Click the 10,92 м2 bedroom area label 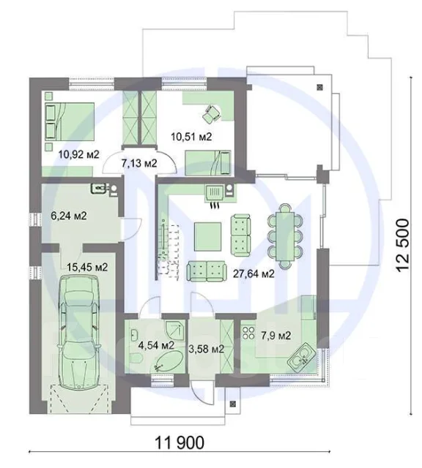tap(78, 154)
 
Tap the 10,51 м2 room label tap(191, 137)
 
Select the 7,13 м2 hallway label tap(139, 163)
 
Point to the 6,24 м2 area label tap(69, 216)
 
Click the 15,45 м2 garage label tap(87, 267)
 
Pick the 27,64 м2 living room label tap(253, 273)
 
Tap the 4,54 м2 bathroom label tap(156, 345)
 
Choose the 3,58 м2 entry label tap(206, 349)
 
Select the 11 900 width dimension tap(179, 442)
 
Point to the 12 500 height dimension tap(402, 245)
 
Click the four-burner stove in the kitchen tap(248, 333)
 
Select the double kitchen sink tap(300, 357)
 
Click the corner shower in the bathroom tap(175, 330)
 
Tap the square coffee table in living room tap(208, 236)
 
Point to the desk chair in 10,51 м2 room tap(212, 114)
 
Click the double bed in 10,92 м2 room tap(70, 121)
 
